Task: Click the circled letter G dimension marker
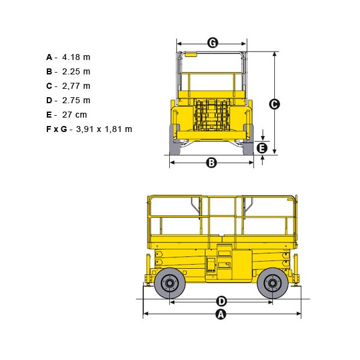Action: click(212, 43)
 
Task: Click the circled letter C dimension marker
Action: click(274, 104)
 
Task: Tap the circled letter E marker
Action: click(262, 148)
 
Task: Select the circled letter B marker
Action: click(211, 163)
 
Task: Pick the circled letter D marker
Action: click(221, 301)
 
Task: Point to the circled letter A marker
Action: click(221, 314)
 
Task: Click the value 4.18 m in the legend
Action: click(76, 57)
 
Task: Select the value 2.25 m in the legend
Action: click(76, 71)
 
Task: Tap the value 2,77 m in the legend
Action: click(76, 86)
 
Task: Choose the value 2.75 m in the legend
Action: click(76, 100)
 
